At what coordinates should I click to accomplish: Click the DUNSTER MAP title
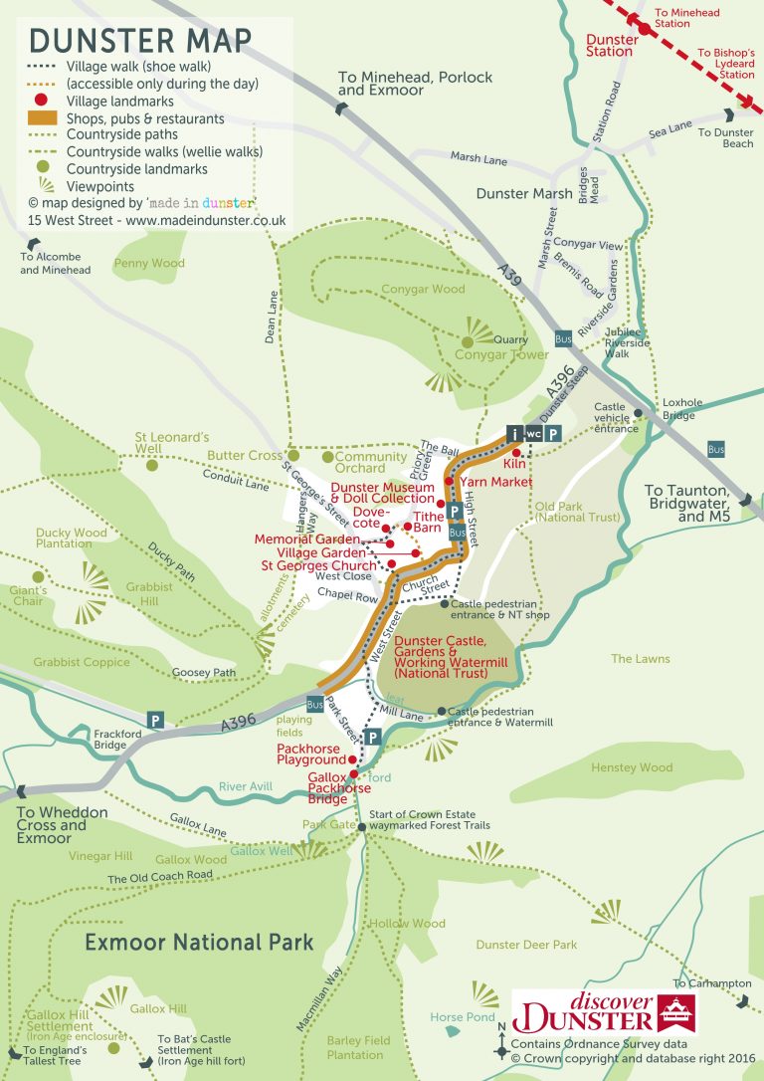click(140, 41)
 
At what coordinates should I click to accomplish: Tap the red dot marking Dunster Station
click(644, 30)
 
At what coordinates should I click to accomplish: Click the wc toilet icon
click(534, 434)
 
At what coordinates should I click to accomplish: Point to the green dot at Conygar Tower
click(467, 342)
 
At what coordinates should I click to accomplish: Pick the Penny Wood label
click(149, 264)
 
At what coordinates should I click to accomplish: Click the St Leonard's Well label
click(172, 443)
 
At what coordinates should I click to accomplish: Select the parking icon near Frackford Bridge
click(155, 719)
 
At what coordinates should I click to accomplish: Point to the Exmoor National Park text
click(199, 942)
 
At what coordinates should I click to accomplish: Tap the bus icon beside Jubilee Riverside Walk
click(564, 338)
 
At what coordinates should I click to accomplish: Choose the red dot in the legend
click(42, 102)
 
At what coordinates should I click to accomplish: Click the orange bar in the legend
click(42, 118)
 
